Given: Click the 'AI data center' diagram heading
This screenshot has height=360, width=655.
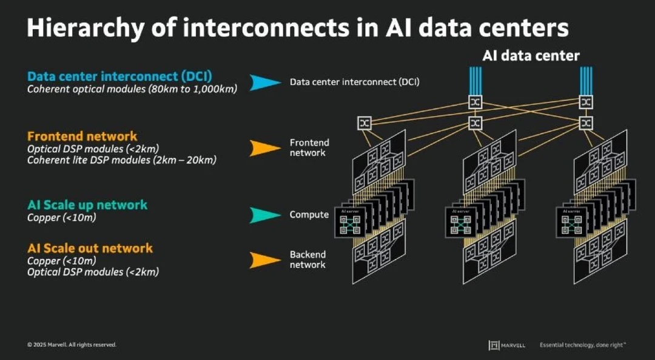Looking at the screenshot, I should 531,56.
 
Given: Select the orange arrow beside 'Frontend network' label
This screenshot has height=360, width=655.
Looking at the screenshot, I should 266,148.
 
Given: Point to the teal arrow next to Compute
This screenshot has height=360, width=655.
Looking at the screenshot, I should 266,215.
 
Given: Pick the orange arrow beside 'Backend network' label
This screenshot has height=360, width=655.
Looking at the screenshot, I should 266,260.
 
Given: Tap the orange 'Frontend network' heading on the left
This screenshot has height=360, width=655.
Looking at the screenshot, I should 82,136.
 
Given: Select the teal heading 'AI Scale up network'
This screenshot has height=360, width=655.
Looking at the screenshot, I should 87,205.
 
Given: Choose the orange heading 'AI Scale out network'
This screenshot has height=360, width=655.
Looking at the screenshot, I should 90,248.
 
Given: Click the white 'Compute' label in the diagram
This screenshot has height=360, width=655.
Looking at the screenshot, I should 309,215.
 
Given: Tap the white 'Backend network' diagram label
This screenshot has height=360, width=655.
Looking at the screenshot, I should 307,259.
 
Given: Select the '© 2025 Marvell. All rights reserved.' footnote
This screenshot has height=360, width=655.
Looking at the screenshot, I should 72,345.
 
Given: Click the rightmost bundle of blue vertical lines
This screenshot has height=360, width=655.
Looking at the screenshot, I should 585,79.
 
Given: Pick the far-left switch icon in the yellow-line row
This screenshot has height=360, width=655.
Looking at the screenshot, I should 365,123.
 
